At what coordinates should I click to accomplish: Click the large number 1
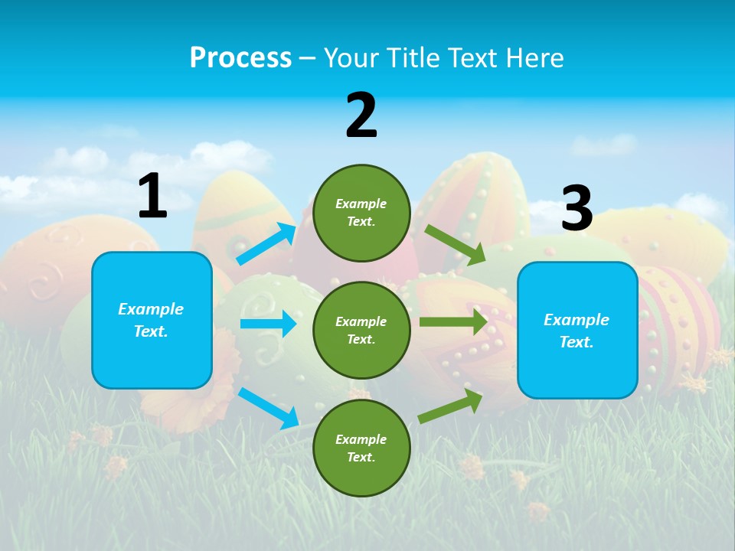[x=152, y=197]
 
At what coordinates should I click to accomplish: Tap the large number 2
[x=361, y=116]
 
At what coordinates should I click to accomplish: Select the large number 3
[x=577, y=209]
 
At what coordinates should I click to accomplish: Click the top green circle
[x=361, y=213]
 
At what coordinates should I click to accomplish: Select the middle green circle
[x=361, y=331]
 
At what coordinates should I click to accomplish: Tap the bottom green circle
[x=361, y=448]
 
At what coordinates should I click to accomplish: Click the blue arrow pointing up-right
[x=266, y=244]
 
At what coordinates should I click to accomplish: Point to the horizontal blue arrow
[x=268, y=324]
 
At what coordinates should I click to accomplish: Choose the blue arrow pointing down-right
[x=268, y=408]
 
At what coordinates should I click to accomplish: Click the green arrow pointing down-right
[x=456, y=245]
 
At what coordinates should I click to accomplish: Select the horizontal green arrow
[x=453, y=321]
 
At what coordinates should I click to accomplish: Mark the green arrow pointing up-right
[x=451, y=406]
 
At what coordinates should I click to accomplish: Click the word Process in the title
[x=240, y=57]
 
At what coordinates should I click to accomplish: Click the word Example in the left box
[x=151, y=309]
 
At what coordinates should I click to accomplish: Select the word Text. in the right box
[x=577, y=342]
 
